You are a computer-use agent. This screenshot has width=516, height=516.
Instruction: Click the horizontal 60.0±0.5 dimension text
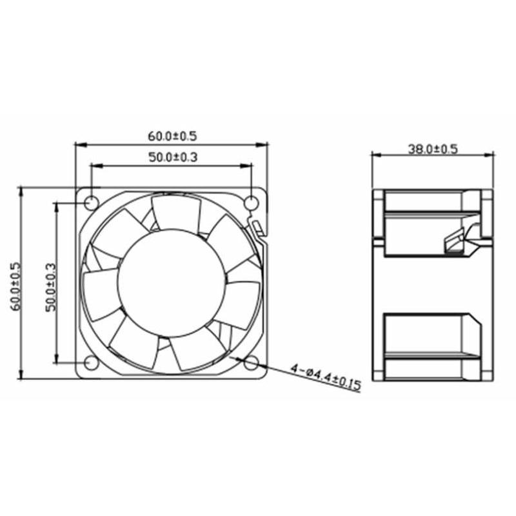click(172, 136)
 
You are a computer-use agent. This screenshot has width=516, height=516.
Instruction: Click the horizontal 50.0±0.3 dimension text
click(172, 157)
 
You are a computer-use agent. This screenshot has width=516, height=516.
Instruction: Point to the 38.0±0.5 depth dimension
click(432, 149)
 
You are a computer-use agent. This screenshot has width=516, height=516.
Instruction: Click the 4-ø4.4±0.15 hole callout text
click(325, 377)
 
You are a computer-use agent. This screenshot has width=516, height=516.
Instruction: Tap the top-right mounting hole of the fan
click(252, 202)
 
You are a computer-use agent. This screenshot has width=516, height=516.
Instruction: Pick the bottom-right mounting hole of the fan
click(252, 363)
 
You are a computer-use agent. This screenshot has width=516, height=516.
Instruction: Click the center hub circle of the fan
click(172, 283)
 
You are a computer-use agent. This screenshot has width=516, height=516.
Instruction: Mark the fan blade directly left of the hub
click(100, 293)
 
